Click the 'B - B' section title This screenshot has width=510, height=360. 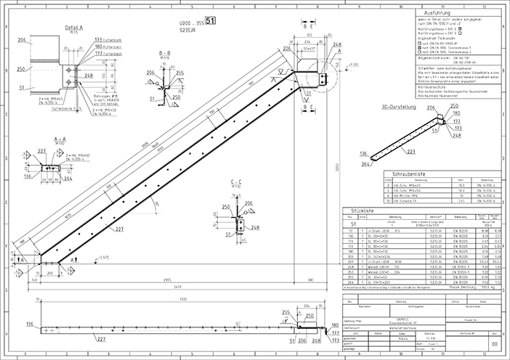(x=165, y=53)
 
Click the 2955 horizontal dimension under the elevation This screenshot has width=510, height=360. (x=166, y=278)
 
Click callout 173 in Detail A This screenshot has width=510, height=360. (x=97, y=38)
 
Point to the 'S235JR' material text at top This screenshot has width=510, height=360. (x=188, y=33)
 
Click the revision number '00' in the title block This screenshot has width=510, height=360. (x=495, y=345)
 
